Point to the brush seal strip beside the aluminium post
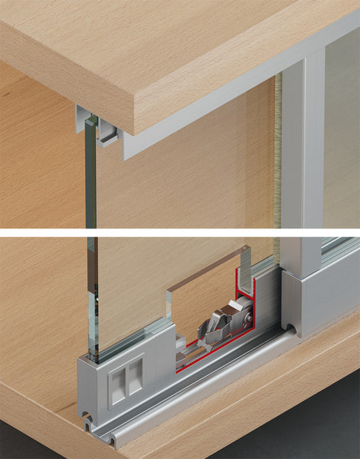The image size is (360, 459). [278, 149]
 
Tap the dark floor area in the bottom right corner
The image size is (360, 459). [324, 433]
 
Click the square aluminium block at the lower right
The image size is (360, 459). [317, 297]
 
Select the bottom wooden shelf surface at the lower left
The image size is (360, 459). [34, 419]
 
